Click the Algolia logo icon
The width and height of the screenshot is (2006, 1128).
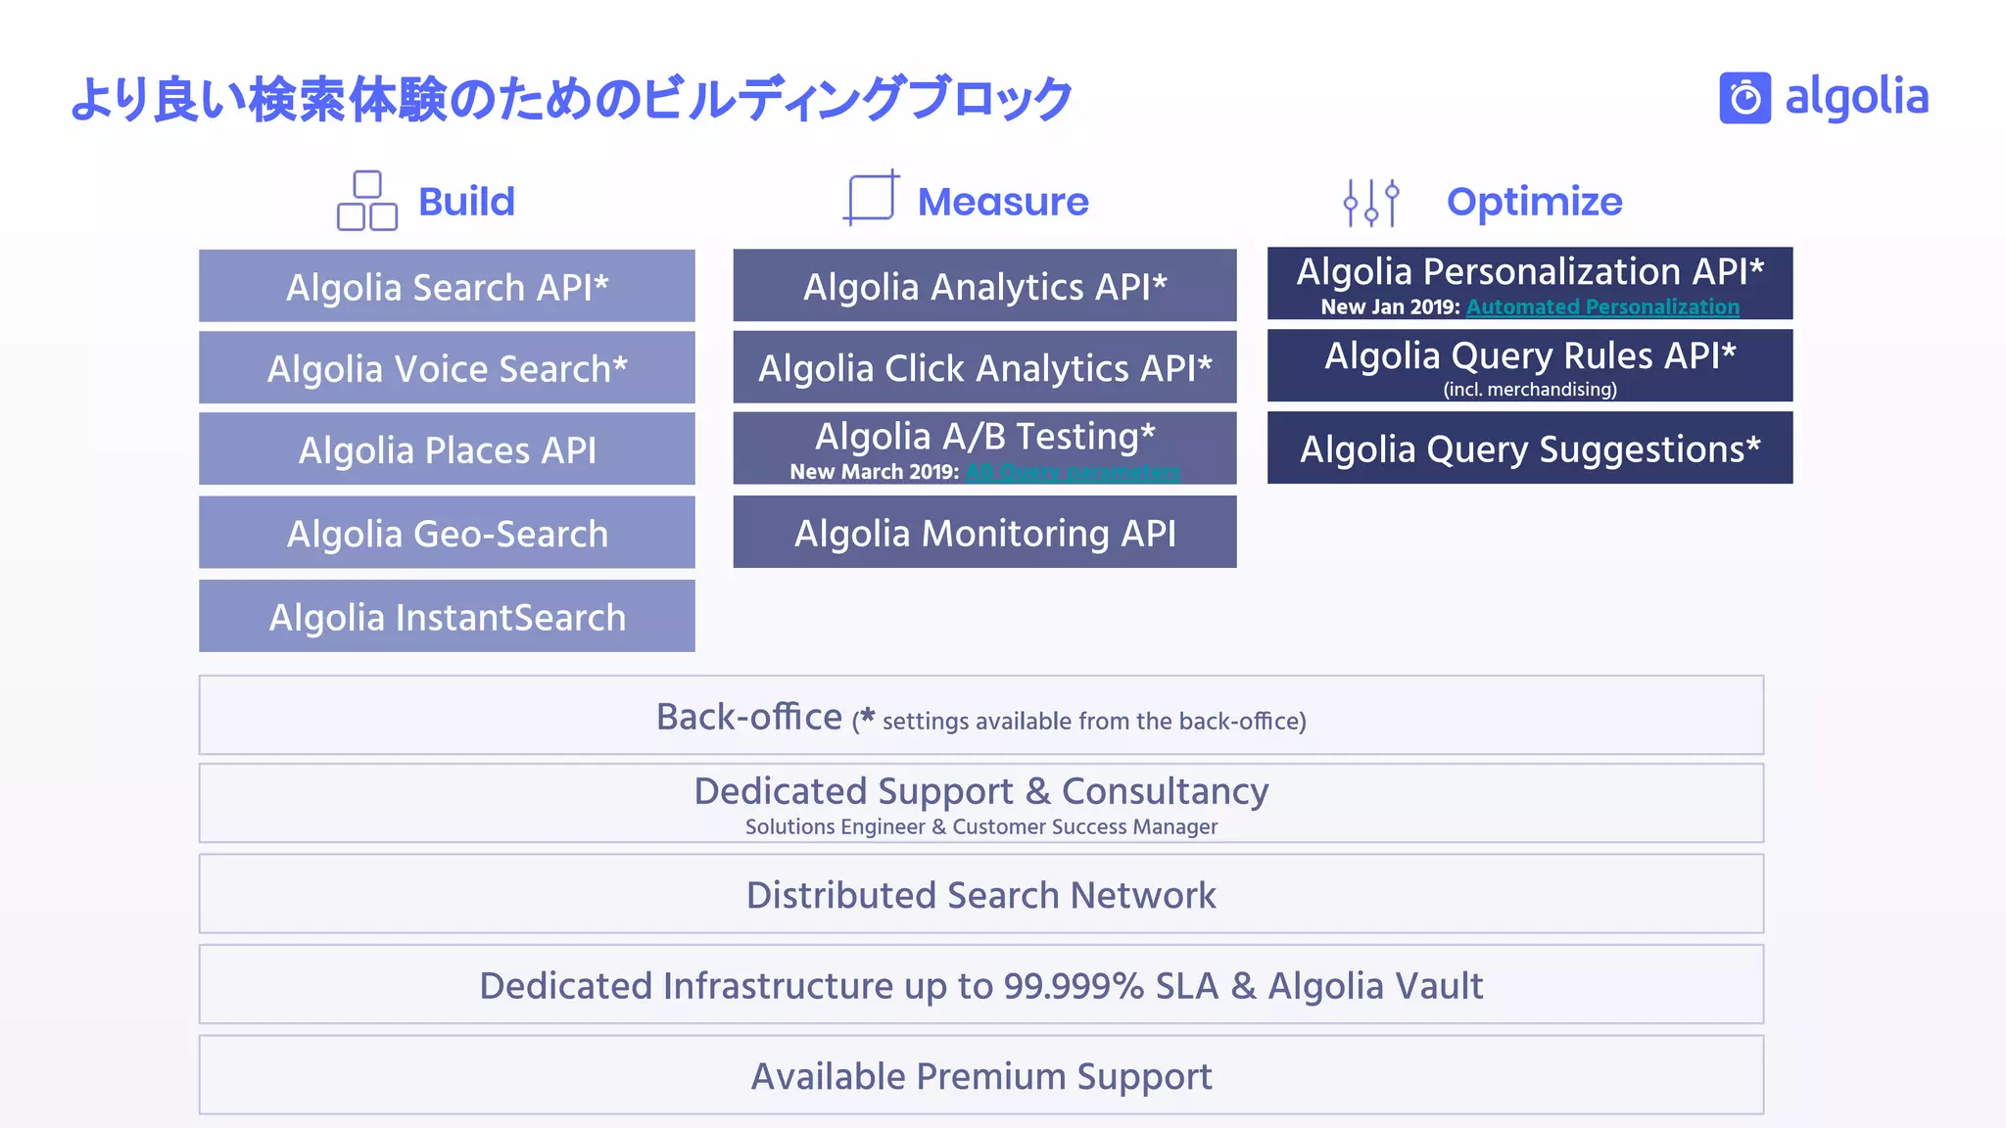[1744, 98]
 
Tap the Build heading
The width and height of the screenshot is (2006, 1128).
[466, 202]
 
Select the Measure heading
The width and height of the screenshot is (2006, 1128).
[1002, 202]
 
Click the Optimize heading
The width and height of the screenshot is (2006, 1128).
[1534, 202]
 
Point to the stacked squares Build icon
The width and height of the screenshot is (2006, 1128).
[367, 201]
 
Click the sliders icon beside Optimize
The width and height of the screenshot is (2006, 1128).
[1371, 203]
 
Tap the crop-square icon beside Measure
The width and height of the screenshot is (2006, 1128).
[871, 198]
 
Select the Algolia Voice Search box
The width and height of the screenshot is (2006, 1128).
[447, 368]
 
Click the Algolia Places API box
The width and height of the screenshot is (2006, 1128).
[447, 449]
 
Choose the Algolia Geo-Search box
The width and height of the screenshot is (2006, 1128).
[447, 533]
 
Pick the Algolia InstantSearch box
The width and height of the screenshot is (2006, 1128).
[447, 617]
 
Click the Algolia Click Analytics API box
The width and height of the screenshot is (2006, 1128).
[984, 367]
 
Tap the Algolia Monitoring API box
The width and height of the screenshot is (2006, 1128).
[984, 533]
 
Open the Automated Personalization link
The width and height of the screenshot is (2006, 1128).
[1602, 306]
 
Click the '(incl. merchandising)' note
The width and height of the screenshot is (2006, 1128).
[1529, 389]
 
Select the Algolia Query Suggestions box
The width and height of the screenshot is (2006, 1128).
[1529, 448]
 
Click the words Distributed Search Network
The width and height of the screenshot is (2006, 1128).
[980, 895]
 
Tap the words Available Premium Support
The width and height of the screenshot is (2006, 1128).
[980, 1076]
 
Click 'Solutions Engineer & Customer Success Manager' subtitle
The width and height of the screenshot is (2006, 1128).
[980, 826]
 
